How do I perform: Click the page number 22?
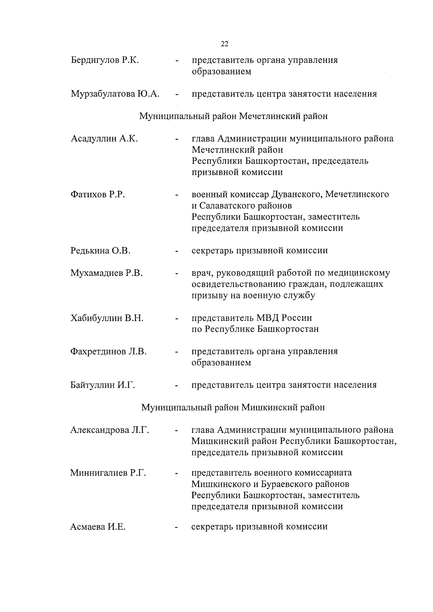tap(224, 44)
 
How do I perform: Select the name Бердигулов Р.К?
tap(105, 60)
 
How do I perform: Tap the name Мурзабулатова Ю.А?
tap(115, 94)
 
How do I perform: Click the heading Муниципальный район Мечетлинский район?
tap(233, 116)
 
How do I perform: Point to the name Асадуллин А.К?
tap(104, 139)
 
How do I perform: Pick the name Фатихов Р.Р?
tap(98, 195)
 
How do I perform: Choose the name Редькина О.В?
tap(100, 251)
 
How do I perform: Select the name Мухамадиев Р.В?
tap(106, 273)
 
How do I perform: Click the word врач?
tap(202, 273)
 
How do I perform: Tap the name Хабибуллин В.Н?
tap(107, 318)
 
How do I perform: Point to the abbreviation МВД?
tap(268, 318)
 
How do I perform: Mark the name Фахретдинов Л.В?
tap(108, 352)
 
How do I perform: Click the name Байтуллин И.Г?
tap(102, 385)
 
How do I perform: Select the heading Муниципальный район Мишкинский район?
tap(233, 408)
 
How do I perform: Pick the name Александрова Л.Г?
tap(110, 430)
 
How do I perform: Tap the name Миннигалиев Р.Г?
tap(108, 473)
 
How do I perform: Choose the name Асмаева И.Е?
tap(98, 527)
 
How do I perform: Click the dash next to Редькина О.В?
tap(176, 251)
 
